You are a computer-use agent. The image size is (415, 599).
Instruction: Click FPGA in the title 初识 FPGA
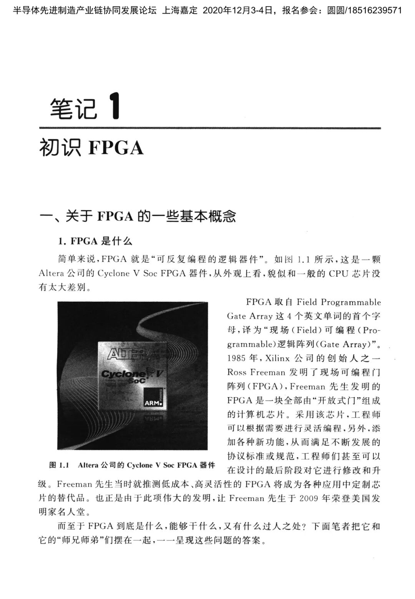pyautogui.click(x=116, y=148)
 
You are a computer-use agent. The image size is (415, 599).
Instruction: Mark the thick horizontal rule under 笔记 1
pyautogui.click(x=209, y=128)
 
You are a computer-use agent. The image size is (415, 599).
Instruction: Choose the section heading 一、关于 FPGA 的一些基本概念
pyautogui.click(x=138, y=216)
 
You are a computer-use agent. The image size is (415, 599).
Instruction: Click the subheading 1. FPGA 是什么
pyautogui.click(x=95, y=241)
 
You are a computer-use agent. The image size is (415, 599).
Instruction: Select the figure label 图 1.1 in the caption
pyautogui.click(x=59, y=465)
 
